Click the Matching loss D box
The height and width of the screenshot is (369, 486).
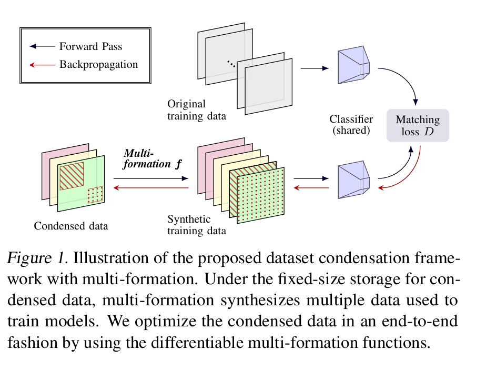pyautogui.click(x=418, y=125)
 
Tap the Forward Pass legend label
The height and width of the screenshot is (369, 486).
pyautogui.click(x=91, y=46)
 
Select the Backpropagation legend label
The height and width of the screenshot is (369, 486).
pyautogui.click(x=98, y=65)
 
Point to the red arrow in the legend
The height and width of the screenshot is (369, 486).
pyautogui.click(x=42, y=65)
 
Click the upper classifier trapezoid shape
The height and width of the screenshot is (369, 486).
pyautogui.click(x=353, y=65)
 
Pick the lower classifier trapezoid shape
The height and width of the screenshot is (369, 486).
pyautogui.click(x=353, y=179)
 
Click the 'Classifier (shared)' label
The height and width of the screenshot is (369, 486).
pyautogui.click(x=351, y=125)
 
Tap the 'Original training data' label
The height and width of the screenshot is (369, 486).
pyautogui.click(x=197, y=110)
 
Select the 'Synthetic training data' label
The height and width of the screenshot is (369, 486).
pyautogui.click(x=197, y=225)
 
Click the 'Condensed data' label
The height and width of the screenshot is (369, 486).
pyautogui.click(x=71, y=226)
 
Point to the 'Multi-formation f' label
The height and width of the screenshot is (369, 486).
pyautogui.click(x=153, y=159)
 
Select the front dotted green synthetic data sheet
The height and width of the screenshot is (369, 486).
pyautogui.click(x=261, y=195)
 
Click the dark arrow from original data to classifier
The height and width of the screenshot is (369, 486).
pyautogui.click(x=315, y=68)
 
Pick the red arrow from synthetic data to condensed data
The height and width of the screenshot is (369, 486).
pyautogui.click(x=151, y=188)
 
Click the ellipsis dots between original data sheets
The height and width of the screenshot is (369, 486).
pyautogui.click(x=231, y=64)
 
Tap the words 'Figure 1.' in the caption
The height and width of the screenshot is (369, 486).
pyautogui.click(x=37, y=258)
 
